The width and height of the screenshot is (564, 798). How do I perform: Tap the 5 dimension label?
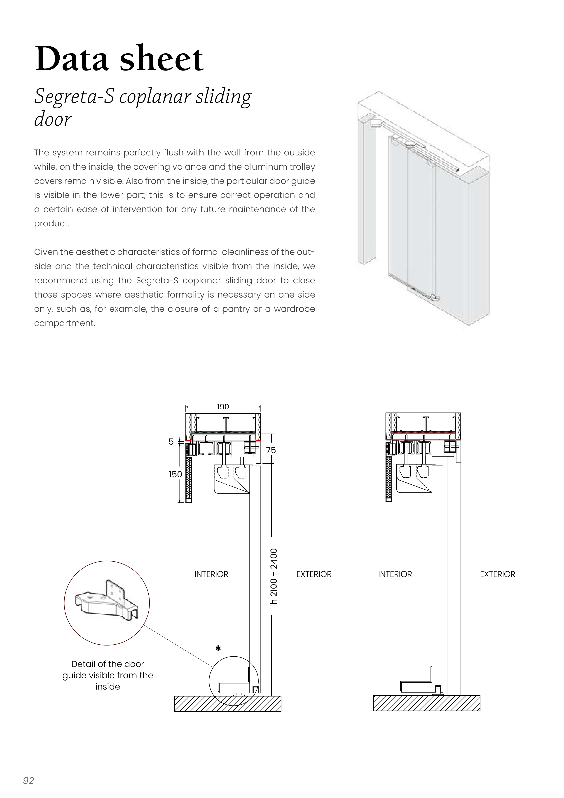tap(171, 442)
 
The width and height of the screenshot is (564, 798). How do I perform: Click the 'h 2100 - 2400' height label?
tap(274, 576)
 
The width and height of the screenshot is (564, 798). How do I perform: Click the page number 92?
tap(28, 781)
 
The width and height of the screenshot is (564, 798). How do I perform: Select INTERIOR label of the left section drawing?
tap(211, 574)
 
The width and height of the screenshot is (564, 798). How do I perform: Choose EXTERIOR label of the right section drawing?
tap(497, 574)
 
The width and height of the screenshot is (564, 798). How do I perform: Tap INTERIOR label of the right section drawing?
tap(395, 574)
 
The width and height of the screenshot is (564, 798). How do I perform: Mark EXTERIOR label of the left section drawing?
tap(314, 574)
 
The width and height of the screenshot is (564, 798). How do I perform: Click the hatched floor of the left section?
tap(228, 704)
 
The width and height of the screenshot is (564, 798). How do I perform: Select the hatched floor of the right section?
tap(426, 703)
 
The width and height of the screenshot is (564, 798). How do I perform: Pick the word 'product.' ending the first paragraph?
tap(52, 223)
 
